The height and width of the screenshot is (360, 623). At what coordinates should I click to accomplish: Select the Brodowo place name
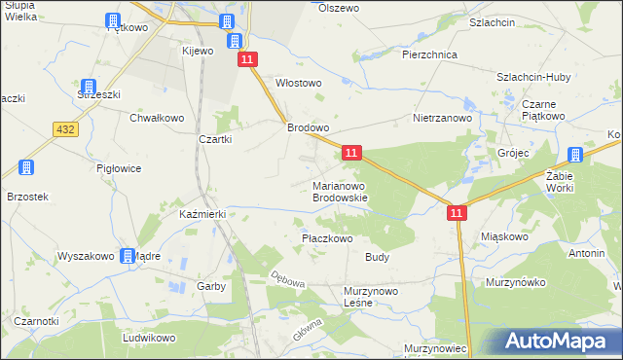click(x=308, y=127)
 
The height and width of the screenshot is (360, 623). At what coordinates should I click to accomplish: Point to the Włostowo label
click(x=299, y=84)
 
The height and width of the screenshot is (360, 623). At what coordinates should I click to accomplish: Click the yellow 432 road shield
click(x=66, y=129)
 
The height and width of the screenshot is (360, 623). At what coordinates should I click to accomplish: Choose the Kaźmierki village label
click(x=202, y=213)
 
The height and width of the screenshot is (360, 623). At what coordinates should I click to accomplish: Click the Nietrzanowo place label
click(x=442, y=118)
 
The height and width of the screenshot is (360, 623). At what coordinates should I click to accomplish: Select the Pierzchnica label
click(x=430, y=55)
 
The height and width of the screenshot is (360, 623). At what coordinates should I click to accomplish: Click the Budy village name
click(x=378, y=258)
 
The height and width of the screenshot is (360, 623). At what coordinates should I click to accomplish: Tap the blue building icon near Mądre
click(x=128, y=256)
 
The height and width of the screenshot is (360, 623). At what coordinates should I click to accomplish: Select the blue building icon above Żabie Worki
click(x=575, y=155)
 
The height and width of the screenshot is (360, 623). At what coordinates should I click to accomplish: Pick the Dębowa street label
click(x=289, y=281)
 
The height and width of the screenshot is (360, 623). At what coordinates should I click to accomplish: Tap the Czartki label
click(x=214, y=139)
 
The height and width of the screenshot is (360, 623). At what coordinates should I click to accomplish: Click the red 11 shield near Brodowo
click(x=352, y=153)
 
